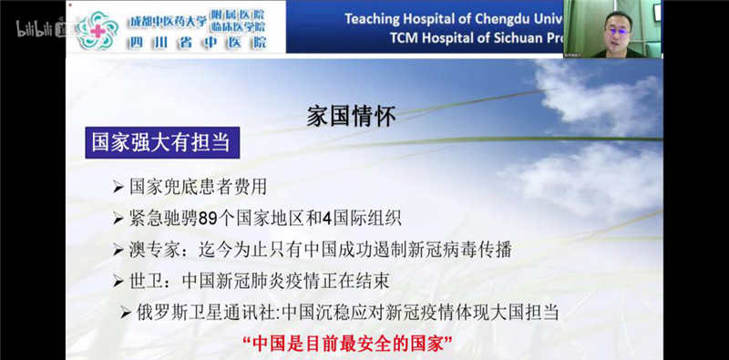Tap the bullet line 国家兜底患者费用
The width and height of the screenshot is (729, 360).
coord(198,187)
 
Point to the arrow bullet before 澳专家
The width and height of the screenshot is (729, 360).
coord(118,250)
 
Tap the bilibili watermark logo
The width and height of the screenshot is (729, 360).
coord(35,28)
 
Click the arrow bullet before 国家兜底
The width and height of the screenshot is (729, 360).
coord(118,188)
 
